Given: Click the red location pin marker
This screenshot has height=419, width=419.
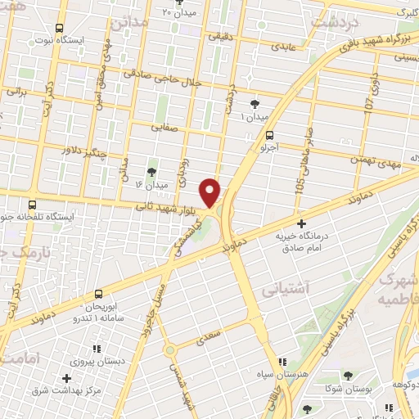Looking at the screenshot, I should [x=211, y=191].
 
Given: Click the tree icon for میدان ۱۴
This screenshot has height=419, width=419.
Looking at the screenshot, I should [x=151, y=171].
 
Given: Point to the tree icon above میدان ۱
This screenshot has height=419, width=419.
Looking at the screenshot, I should [x=255, y=103].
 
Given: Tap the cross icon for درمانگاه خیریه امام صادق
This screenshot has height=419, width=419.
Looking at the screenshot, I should [x=302, y=223].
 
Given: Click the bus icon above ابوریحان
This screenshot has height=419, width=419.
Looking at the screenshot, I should [x=99, y=292].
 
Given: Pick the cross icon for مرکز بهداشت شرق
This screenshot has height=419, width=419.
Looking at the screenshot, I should [x=67, y=377].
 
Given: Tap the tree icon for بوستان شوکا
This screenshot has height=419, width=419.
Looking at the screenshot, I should [x=349, y=376].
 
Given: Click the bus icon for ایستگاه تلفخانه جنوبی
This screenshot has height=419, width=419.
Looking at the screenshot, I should [x=32, y=205].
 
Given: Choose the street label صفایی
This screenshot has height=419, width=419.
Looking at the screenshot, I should [x=164, y=127].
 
